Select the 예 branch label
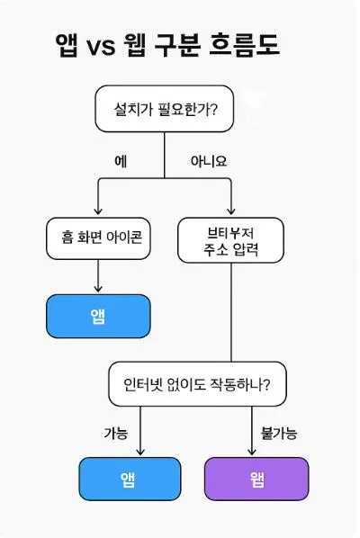click(x=121, y=161)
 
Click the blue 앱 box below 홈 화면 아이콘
click(x=98, y=314)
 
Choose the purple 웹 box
click(x=256, y=479)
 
